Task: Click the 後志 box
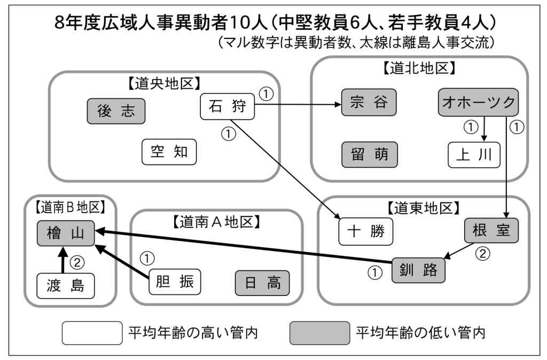coord(116,111)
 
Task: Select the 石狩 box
coord(228,107)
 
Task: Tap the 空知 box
coord(169,152)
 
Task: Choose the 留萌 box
coord(369,155)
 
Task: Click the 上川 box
coord(474,155)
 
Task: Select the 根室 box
coord(491,231)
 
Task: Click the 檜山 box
coord(65,233)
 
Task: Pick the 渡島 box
coord(65,286)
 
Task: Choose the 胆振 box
coord(175,282)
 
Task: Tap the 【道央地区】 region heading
coord(164,84)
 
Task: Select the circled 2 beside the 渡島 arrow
coord(79,262)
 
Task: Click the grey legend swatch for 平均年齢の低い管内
coord(319,333)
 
